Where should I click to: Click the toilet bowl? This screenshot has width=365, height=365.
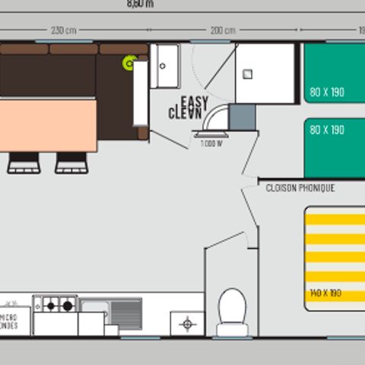[232, 310]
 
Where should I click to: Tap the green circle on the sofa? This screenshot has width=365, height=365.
[129, 62]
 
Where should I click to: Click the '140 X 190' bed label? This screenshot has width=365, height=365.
[326, 294]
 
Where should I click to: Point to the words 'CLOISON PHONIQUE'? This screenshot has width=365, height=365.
[300, 188]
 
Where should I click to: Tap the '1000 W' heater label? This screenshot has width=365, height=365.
[211, 144]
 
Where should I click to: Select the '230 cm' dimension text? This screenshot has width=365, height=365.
[63, 31]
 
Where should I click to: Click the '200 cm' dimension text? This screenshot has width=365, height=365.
[223, 31]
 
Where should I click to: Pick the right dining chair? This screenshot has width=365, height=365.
[71, 162]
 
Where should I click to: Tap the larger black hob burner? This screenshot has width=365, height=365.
[68, 306]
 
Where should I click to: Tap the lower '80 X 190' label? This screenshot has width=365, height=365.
[327, 130]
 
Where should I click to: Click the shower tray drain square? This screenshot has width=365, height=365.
[249, 75]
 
